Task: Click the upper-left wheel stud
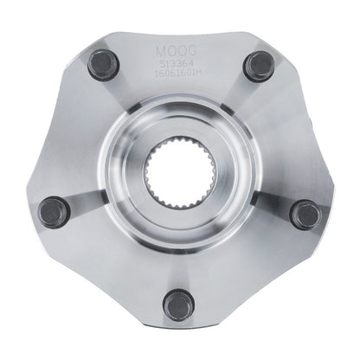point(103,66)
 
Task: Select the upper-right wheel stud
point(258,66)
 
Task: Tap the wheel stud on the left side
point(55,212)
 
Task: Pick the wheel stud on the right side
point(305,214)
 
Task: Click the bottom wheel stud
point(179,305)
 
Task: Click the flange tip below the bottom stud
point(179,334)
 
